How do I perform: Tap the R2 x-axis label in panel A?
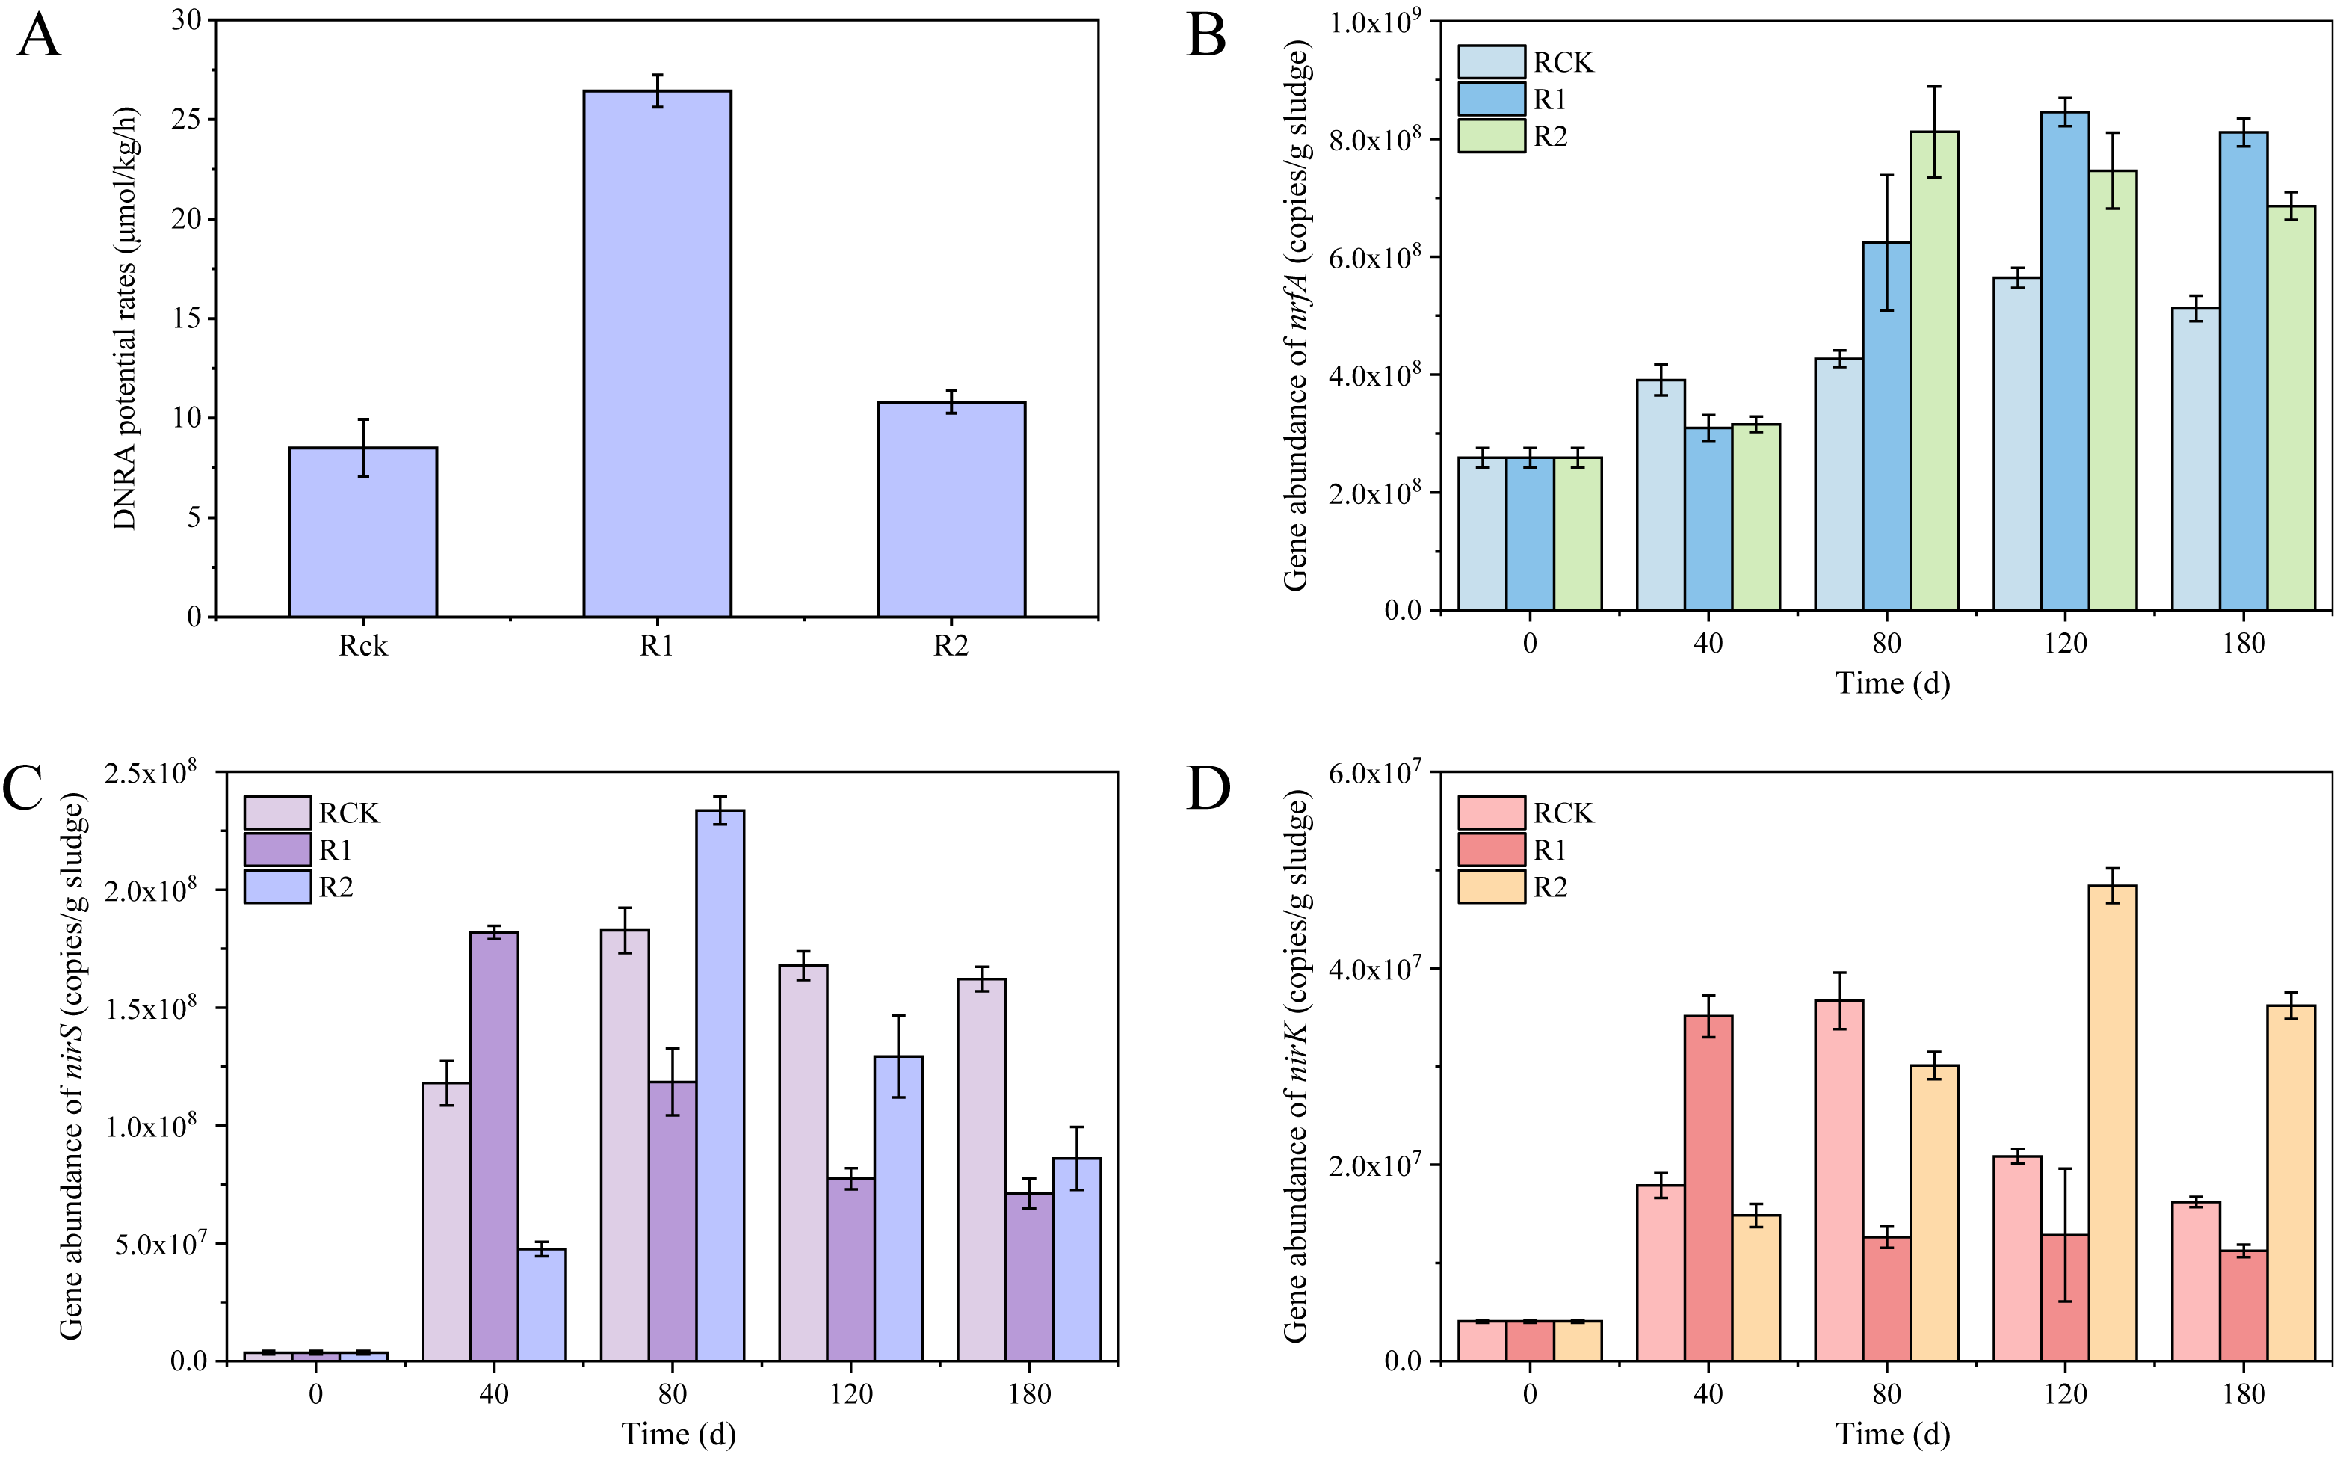click(x=950, y=646)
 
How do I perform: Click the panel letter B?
click(x=1206, y=37)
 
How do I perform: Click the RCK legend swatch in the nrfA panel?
click(x=1490, y=61)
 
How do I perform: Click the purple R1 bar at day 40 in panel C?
click(x=494, y=1146)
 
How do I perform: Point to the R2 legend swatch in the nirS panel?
click(x=277, y=887)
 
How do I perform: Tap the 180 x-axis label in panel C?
click(x=1029, y=1393)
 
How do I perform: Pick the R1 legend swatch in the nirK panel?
click(x=1490, y=850)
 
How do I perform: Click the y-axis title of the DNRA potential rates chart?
click(x=126, y=318)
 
